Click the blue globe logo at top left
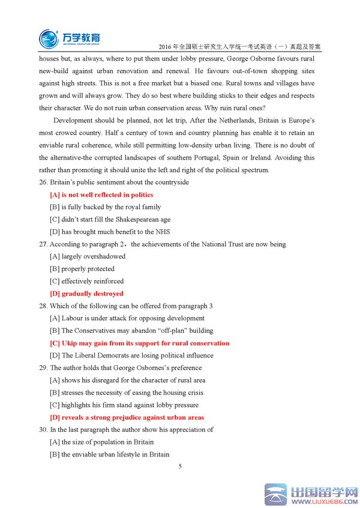49,39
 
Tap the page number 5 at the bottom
180,466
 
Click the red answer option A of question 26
101,195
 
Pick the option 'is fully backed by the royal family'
106,207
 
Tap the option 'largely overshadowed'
88,257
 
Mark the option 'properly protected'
82,269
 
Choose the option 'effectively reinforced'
87,281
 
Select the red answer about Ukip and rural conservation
139,343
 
